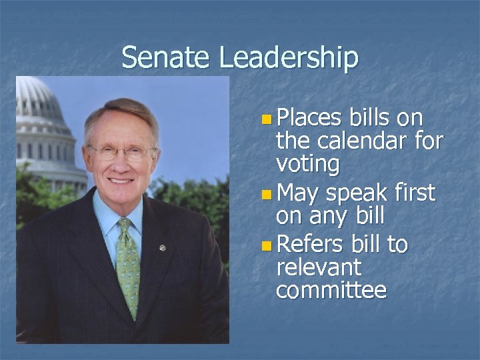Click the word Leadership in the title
pyautogui.click(x=288, y=59)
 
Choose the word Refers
pyautogui.click(x=309, y=245)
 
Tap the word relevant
pyautogui.click(x=319, y=268)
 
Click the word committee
pyautogui.click(x=331, y=291)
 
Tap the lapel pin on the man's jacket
pyautogui.click(x=162, y=248)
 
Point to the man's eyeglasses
pyautogui.click(x=121, y=152)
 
